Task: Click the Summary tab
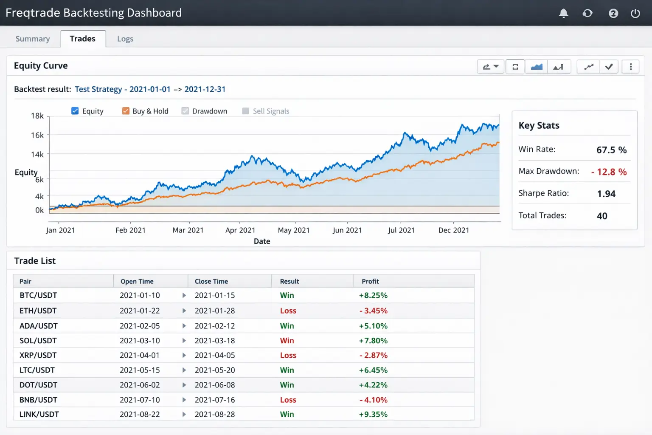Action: [x=33, y=39]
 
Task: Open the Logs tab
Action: [x=125, y=39]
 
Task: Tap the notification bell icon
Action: [x=563, y=13]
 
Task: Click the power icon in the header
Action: [x=635, y=13]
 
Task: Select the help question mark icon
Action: [x=613, y=13]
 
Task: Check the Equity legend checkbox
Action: [x=75, y=111]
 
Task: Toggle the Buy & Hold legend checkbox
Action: [x=126, y=111]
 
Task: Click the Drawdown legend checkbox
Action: [x=185, y=111]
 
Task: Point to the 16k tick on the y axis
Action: [x=37, y=135]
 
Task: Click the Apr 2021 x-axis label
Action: [x=240, y=230]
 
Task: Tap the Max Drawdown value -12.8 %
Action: [x=609, y=172]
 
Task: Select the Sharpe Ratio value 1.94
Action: [x=606, y=194]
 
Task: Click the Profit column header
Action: [x=370, y=281]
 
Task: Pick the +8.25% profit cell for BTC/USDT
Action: [x=373, y=295]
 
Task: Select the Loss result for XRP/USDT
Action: [x=288, y=355]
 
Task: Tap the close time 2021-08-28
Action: [x=215, y=414]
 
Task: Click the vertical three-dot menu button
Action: [x=630, y=67]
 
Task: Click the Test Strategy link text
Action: [x=98, y=89]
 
